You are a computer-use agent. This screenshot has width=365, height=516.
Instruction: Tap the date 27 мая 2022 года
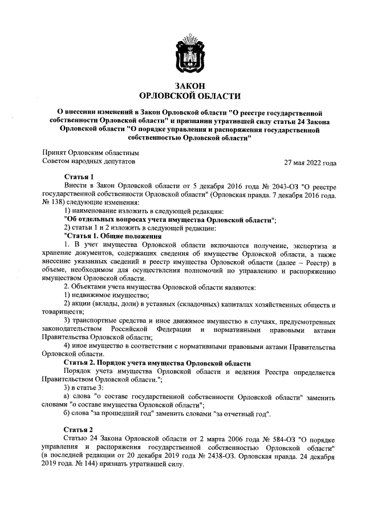click(x=310, y=162)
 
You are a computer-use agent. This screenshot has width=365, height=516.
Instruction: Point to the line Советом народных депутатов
click(x=90, y=162)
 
